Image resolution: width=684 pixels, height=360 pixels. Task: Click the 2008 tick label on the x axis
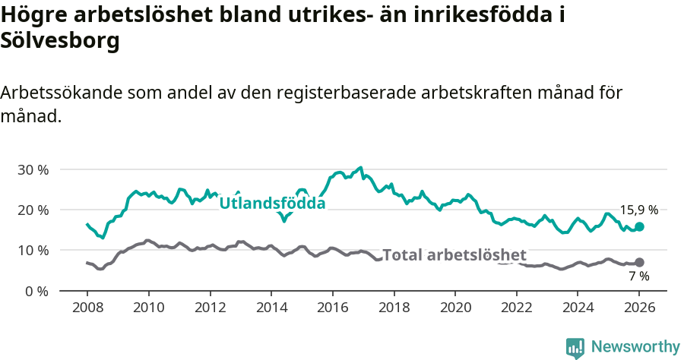(87, 308)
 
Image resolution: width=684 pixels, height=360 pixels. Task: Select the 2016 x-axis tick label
(332, 308)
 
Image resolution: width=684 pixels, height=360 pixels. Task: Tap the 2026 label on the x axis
(639, 308)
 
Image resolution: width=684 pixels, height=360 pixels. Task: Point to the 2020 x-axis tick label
(455, 308)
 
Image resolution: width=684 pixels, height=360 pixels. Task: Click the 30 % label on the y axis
(33, 169)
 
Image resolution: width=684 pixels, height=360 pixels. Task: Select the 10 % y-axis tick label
(33, 250)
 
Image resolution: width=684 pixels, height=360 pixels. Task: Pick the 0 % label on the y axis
(36, 291)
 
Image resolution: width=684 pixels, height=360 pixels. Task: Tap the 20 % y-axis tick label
(33, 210)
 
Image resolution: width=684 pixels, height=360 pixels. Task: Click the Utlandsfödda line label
(272, 204)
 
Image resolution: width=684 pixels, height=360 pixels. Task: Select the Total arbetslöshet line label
(454, 255)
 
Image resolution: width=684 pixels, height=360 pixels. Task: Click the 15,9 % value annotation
(638, 210)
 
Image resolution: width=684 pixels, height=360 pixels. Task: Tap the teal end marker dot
(639, 226)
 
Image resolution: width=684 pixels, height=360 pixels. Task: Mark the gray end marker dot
(639, 262)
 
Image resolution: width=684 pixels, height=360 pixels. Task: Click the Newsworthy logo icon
(575, 347)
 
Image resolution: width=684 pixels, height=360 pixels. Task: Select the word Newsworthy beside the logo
(635, 347)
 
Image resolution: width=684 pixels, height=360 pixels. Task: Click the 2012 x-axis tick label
(210, 308)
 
